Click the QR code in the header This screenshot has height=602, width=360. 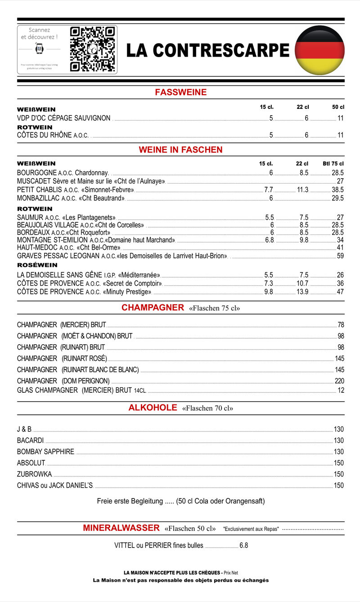pos(92,49)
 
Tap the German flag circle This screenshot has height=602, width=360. pos(319,50)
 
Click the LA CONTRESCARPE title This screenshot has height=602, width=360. pos(207,50)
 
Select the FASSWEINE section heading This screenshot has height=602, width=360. pos(180,92)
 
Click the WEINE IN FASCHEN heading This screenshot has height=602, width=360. pos(180,149)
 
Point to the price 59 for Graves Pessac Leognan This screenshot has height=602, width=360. pos(340,256)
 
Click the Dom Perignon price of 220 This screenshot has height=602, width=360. pos(339,381)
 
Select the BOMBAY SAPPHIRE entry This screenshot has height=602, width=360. pos(45,452)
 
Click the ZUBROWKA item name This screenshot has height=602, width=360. pos(35,474)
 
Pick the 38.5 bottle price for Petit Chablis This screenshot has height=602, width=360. pos(337,190)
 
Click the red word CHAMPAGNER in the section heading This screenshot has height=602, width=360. pos(153,308)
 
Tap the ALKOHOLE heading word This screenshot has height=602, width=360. pos(153,408)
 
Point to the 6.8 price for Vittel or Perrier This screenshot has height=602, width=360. pos(243,546)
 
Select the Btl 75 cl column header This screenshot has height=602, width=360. pos(333,164)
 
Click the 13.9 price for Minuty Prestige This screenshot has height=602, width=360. pos(303,292)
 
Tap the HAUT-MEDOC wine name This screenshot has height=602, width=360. pos(37,247)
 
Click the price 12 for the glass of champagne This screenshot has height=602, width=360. pos(341,391)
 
